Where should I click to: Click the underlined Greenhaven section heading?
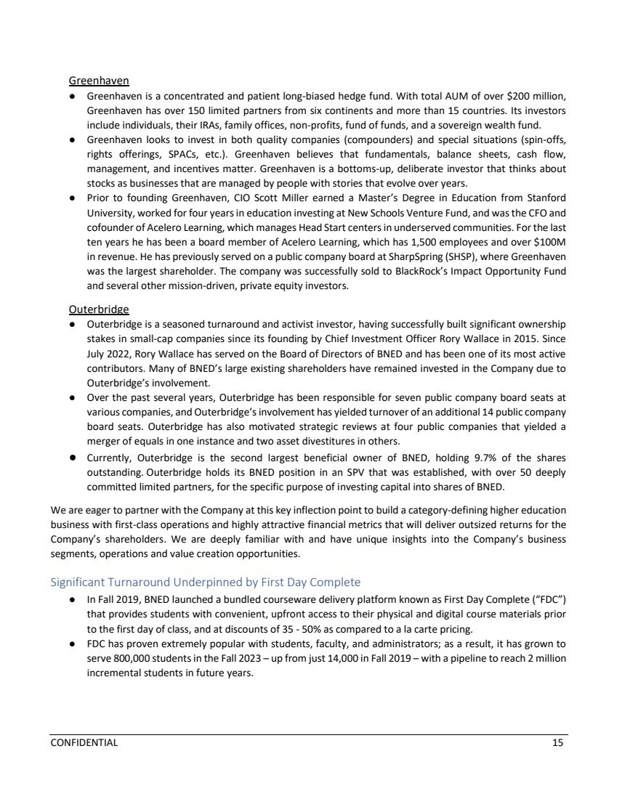(99, 79)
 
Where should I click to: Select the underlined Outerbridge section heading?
(99, 309)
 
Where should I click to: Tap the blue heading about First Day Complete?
(204, 583)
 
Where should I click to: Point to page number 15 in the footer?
(557, 743)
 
